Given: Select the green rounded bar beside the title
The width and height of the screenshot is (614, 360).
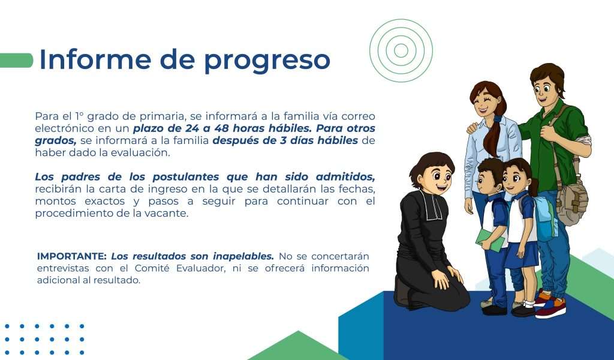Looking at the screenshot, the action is pyautogui.click(x=16, y=61).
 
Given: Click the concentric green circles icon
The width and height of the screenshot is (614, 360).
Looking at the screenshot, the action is pyautogui.click(x=401, y=50).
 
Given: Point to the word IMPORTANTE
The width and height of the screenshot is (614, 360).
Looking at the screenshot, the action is pyautogui.click(x=72, y=256).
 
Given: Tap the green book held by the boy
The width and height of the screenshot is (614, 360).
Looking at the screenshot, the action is pyautogui.click(x=489, y=240).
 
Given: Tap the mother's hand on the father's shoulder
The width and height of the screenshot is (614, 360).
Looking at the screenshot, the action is pyautogui.click(x=472, y=128).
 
